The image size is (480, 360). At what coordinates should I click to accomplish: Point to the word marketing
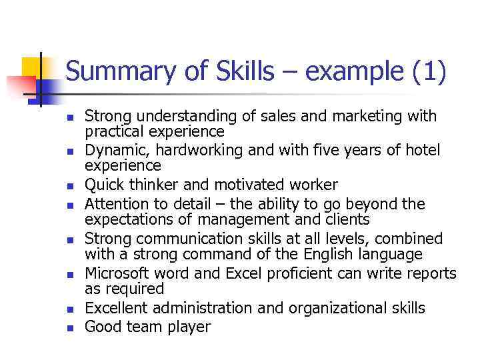(371, 117)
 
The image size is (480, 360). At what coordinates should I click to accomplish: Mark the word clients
(349, 219)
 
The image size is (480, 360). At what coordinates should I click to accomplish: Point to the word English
(329, 254)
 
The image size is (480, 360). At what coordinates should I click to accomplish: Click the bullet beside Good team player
(71, 328)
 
